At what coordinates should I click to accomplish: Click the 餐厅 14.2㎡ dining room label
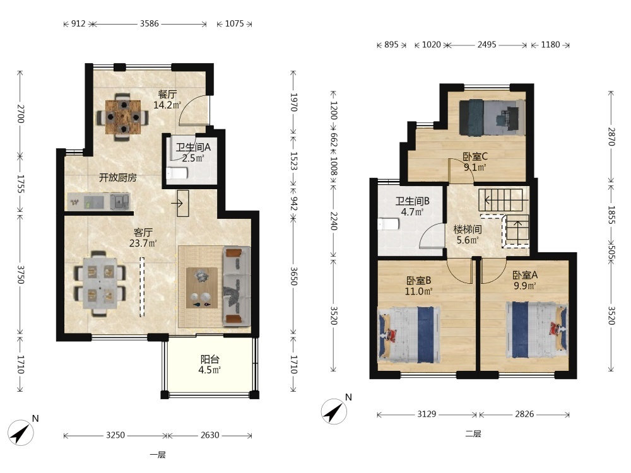tap(167, 100)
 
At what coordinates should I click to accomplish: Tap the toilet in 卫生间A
tap(177, 173)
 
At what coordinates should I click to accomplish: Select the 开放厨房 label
tap(118, 177)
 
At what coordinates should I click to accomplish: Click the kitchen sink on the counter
tap(121, 201)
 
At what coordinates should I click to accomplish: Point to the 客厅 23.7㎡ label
tap(143, 238)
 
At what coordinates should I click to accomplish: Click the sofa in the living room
tap(237, 286)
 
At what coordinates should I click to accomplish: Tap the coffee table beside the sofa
tap(202, 288)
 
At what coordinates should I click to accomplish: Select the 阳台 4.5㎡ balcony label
tap(209, 365)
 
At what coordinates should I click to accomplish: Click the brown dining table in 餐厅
tap(123, 117)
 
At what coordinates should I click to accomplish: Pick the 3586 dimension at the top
tap(150, 24)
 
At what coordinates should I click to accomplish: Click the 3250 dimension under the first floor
tap(115, 435)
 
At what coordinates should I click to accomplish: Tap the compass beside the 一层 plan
tap(21, 433)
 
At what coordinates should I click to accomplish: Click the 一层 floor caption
tap(157, 455)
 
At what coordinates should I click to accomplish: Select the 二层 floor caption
tap(473, 434)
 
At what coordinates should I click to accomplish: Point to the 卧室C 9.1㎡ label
tap(475, 161)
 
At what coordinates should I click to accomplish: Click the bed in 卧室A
tap(536, 330)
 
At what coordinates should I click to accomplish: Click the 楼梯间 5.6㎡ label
tap(468, 235)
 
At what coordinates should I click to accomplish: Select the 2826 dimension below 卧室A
tap(525, 414)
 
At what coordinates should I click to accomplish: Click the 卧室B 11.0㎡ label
tap(418, 286)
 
